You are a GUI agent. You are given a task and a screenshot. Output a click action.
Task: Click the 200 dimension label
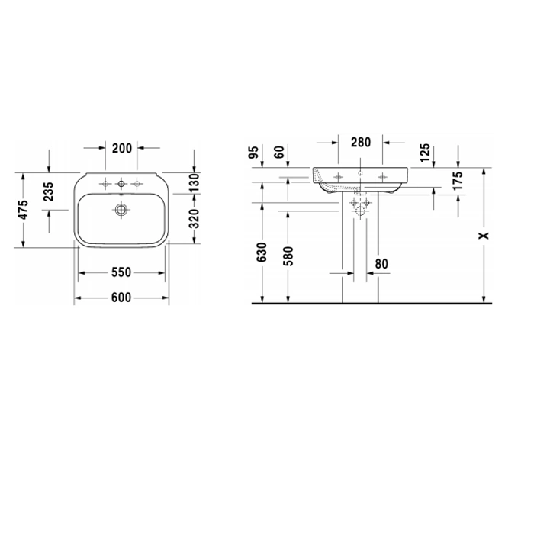(121, 148)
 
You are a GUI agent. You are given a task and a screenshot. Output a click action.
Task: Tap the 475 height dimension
(23, 210)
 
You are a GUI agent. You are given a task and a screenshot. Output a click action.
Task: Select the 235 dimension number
(49, 191)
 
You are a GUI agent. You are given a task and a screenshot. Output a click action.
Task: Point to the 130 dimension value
(194, 182)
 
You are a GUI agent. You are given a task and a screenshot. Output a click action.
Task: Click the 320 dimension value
(194, 219)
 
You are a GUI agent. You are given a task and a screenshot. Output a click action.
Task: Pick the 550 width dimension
(121, 272)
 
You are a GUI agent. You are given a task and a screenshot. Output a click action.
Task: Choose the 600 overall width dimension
(121, 298)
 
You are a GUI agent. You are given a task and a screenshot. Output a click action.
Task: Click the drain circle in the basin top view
(121, 210)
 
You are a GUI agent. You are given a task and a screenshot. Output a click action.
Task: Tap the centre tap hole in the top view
(121, 185)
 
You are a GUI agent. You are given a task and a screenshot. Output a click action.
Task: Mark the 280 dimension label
(361, 143)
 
